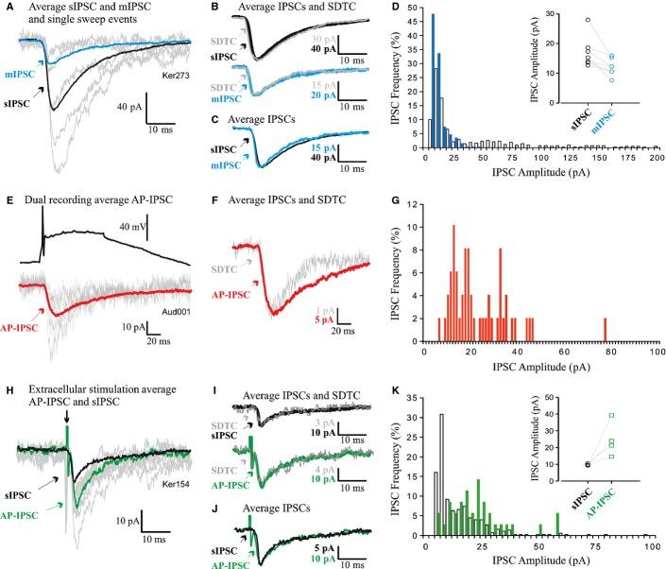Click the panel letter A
pos(9,8)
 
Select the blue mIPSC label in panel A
pos(21,75)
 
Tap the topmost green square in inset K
pos(612,415)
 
